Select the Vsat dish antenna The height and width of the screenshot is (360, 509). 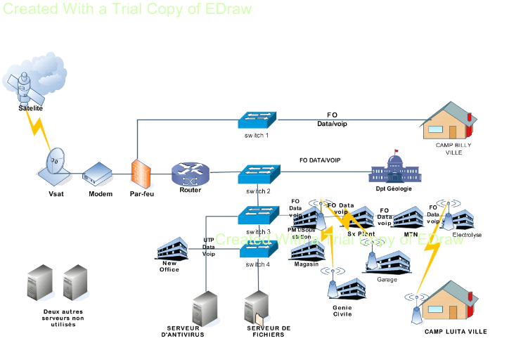57,164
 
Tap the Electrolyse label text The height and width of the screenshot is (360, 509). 467,236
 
